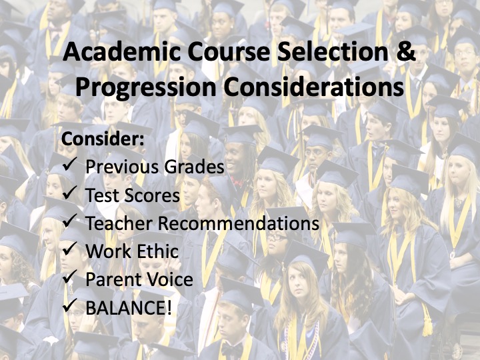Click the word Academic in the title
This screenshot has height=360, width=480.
(x=121, y=51)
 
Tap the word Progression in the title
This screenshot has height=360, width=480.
(x=146, y=88)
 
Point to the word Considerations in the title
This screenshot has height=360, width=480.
(x=313, y=87)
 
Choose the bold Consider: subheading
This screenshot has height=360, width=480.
(x=103, y=139)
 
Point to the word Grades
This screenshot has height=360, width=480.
(x=194, y=167)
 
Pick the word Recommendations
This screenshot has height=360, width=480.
(x=239, y=223)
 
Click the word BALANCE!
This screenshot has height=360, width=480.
(x=129, y=307)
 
